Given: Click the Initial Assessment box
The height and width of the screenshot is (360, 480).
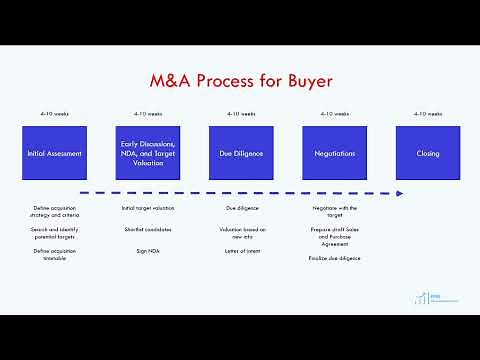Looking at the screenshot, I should point(54,153).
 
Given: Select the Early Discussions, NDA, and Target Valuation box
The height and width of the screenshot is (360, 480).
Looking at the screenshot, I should point(147,153).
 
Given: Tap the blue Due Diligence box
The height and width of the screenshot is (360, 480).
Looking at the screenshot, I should point(240,153).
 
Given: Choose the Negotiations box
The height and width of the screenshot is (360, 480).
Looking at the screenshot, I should point(334,153).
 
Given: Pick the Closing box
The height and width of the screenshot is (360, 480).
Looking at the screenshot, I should point(427,153).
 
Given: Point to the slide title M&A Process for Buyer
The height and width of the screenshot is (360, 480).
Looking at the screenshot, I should point(240,79).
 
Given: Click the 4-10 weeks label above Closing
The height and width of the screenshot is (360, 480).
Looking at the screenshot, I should point(427,114).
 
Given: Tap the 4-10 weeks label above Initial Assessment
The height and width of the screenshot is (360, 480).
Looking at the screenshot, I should point(54,114).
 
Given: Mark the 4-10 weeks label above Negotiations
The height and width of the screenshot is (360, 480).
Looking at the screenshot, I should point(334,114).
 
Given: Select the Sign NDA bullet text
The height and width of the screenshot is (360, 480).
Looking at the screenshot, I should point(147,251).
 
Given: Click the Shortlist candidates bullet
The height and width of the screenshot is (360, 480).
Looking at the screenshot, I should point(147,230).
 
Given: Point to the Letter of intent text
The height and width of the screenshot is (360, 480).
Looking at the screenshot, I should point(240,251).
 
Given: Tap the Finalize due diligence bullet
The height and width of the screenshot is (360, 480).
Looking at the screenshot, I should point(334,258).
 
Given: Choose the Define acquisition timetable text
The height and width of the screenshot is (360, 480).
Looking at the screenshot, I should point(54,254).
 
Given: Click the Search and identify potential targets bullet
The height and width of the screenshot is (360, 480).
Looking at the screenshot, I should point(54,233).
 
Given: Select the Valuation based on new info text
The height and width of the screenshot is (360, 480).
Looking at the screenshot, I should point(240,233).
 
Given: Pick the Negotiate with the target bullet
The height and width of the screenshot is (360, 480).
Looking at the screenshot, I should point(334,211).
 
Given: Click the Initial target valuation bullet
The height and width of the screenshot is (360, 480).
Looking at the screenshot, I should point(147,208).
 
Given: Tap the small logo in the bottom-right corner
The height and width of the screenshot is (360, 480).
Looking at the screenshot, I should point(425,297).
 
